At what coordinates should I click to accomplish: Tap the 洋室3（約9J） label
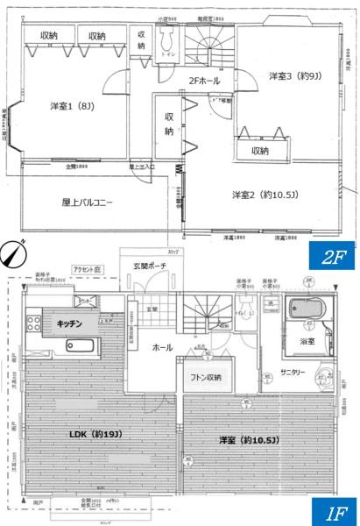294,76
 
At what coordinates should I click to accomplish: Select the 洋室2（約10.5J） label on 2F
263,194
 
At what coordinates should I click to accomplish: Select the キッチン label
71,323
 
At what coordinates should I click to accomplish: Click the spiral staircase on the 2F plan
211,46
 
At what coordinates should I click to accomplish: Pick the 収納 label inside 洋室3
260,150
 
